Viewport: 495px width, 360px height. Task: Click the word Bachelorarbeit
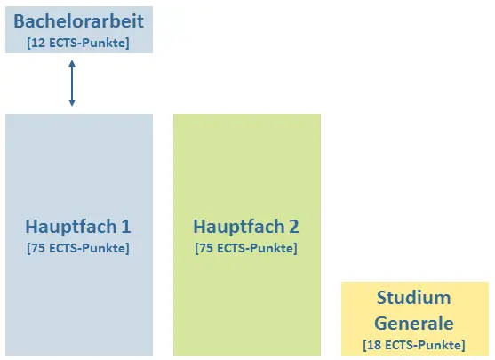tap(78, 21)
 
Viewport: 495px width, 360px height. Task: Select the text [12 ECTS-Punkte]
tap(78, 43)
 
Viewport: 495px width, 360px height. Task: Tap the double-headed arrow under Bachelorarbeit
tap(72, 84)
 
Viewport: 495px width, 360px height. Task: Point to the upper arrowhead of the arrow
tap(72, 63)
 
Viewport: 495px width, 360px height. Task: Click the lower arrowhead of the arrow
tap(72, 103)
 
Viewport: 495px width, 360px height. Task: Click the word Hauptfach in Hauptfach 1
tap(71, 227)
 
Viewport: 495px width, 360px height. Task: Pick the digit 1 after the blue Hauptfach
tap(126, 227)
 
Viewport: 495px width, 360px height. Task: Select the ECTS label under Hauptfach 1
tap(78, 248)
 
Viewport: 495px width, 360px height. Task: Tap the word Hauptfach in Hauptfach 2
tap(239, 227)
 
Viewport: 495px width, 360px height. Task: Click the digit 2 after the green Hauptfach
tap(293, 227)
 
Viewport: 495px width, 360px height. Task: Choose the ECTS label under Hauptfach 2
tap(246, 248)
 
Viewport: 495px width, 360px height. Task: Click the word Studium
tap(414, 298)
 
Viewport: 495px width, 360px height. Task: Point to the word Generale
tap(414, 324)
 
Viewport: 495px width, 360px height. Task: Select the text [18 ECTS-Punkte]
tap(414, 345)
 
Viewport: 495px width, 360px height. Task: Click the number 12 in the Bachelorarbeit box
tap(38, 43)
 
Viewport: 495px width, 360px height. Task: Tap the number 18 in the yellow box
tap(374, 345)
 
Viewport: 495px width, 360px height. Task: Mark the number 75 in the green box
tap(206, 248)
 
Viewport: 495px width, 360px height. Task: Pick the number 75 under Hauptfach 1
tap(38, 248)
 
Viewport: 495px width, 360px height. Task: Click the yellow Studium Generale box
tap(415, 318)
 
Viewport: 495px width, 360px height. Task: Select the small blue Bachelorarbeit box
tap(79, 29)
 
